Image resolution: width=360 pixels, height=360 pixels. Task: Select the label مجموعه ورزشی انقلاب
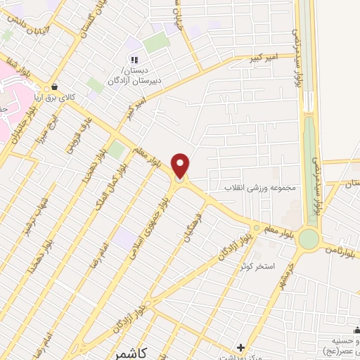tap(262, 188)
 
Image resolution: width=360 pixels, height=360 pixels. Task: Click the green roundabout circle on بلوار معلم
tap(308, 239)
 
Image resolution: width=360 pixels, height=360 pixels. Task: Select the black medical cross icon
tap(240, 347)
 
